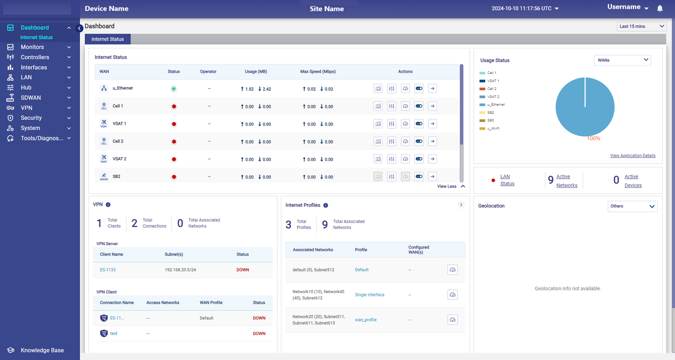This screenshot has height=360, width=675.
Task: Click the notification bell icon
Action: click(x=660, y=9)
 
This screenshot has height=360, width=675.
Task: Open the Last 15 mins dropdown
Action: click(x=641, y=27)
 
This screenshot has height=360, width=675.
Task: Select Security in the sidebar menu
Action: click(x=31, y=118)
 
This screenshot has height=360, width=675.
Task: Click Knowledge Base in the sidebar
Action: click(x=42, y=350)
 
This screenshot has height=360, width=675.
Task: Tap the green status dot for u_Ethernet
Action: click(x=174, y=89)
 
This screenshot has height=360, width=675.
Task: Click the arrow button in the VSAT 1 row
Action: click(x=432, y=124)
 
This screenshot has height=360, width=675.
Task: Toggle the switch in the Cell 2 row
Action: click(x=419, y=142)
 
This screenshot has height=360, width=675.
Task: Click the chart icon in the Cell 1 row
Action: click(x=378, y=106)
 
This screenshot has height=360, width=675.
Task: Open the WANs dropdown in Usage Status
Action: click(x=622, y=61)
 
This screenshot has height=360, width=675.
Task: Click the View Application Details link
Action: click(x=632, y=156)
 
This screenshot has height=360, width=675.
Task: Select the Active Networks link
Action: click(x=567, y=181)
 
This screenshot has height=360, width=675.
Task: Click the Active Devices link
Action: click(x=633, y=181)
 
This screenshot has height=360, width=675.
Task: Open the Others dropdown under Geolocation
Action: click(x=632, y=206)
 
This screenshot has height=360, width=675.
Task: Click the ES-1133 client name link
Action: click(x=108, y=270)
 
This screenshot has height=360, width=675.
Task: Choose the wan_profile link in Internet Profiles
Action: click(x=366, y=320)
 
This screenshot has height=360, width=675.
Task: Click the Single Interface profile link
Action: click(x=369, y=295)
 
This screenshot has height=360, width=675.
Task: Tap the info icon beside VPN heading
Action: click(x=108, y=205)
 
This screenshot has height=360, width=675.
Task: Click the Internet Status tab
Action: click(x=108, y=39)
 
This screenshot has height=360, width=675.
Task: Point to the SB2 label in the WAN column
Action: click(x=117, y=177)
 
